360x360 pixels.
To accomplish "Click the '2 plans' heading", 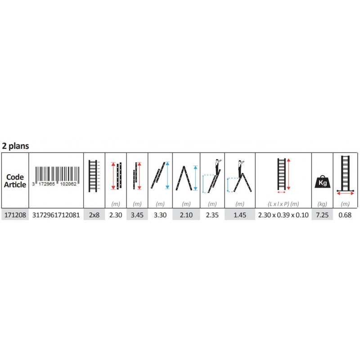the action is pyautogui.click(x=15, y=146).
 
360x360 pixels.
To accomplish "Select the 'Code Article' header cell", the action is pyautogui.click(x=15, y=181).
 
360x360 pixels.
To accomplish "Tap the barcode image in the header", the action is pyautogui.click(x=56, y=176).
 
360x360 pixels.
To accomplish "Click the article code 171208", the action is pyautogui.click(x=15, y=215).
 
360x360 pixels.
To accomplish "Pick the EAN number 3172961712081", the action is pyautogui.click(x=56, y=215).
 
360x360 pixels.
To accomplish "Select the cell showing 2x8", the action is pyautogui.click(x=94, y=215).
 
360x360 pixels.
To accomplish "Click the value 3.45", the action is pyautogui.click(x=137, y=215).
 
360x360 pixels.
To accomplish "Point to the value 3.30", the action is pyautogui.click(x=160, y=215).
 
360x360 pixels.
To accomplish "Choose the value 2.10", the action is pyautogui.click(x=186, y=215).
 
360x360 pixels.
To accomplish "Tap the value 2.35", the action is pyautogui.click(x=212, y=215).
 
